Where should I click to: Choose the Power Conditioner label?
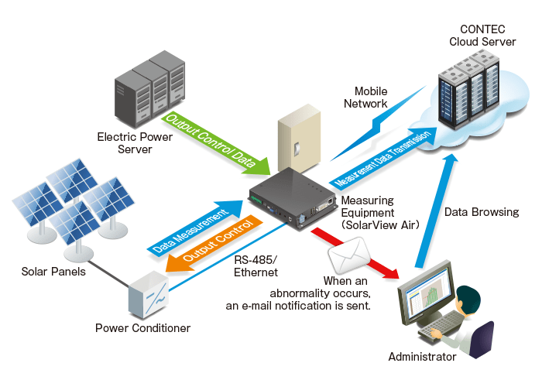click(142, 328)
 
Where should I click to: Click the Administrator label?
click(422, 357)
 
